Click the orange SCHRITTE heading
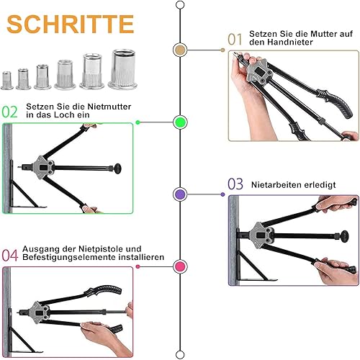70,24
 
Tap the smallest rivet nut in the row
7,81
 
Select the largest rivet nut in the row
122,69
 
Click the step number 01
235,39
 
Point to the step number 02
10,112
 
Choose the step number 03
235,184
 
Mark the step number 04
10,255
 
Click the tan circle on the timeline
180,50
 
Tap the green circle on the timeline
180,122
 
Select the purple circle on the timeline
180,194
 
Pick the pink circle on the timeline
180,266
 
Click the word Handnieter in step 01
290,42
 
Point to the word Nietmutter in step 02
109,107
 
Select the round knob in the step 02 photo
117,168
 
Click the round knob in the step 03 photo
345,236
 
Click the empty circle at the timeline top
180,5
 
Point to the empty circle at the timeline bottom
180,355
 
